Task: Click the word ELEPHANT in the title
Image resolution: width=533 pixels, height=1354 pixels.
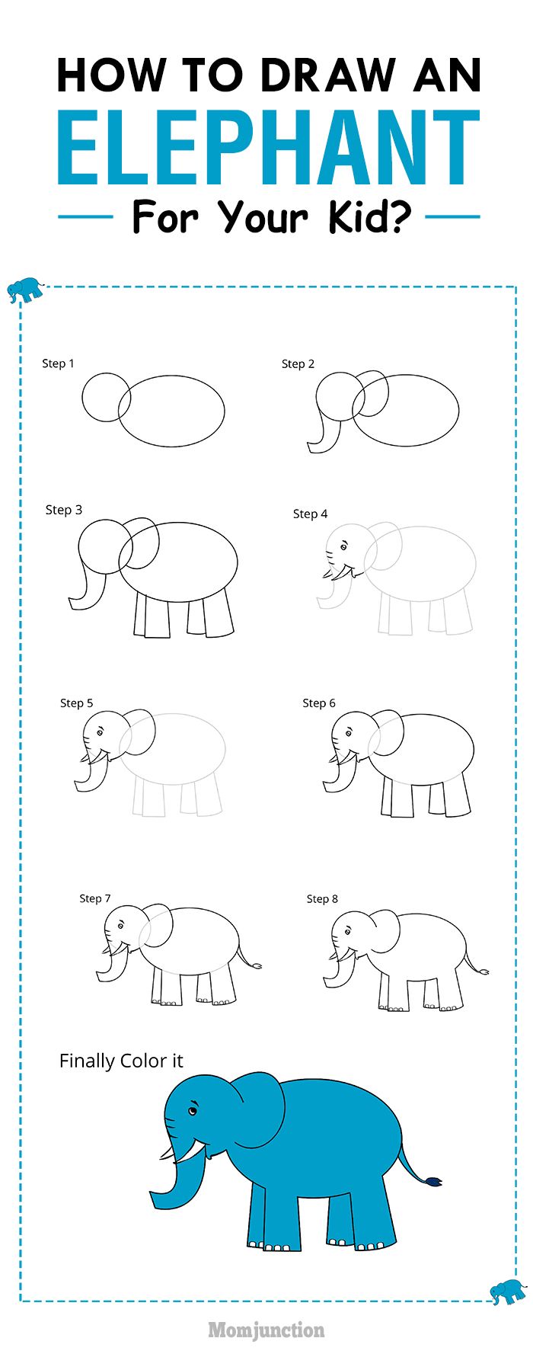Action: tap(268, 149)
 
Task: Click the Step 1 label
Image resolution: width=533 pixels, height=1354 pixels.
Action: tap(58, 363)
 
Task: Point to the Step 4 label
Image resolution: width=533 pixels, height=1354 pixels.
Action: tap(310, 514)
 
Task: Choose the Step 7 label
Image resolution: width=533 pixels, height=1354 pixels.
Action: tap(95, 898)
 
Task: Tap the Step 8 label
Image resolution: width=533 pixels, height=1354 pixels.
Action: tap(322, 899)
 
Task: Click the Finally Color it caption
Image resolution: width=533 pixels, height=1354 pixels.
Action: tap(121, 1061)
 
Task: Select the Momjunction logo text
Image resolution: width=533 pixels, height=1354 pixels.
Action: tap(266, 1330)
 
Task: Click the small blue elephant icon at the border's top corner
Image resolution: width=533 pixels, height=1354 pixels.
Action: tap(24, 289)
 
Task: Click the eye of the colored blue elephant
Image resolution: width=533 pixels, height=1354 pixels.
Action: tap(193, 1112)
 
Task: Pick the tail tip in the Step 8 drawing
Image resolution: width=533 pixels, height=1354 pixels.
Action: tap(484, 971)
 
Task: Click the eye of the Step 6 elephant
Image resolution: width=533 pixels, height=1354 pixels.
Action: tap(347, 734)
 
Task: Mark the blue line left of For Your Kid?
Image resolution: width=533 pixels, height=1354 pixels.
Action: tap(85, 217)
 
